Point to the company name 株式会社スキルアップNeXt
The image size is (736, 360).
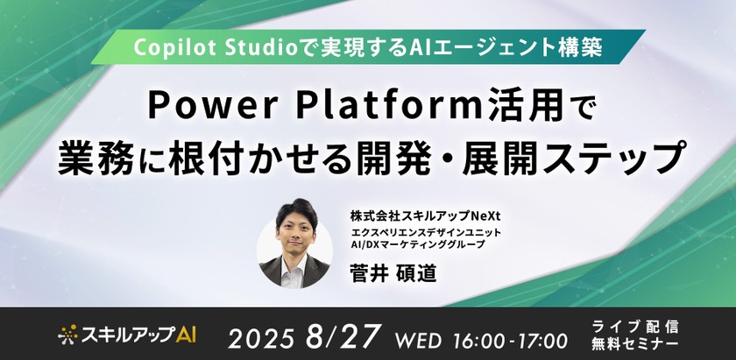tap(430, 214)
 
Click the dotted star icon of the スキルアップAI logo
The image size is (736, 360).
tap(69, 334)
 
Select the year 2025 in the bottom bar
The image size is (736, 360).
tap(266, 336)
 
